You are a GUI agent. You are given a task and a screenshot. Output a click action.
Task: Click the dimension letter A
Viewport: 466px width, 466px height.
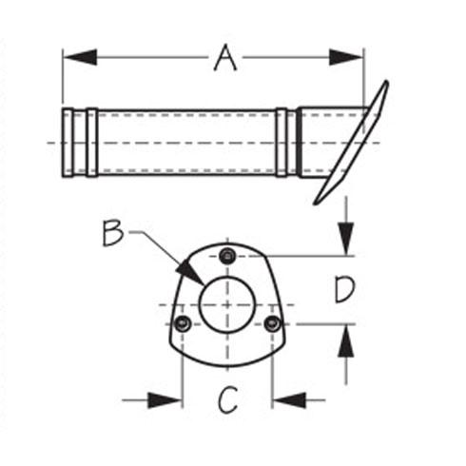tap(225, 58)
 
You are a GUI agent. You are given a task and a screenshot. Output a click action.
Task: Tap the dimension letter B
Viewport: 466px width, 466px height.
tap(113, 234)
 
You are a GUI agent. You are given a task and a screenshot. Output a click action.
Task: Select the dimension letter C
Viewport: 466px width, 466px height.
tap(228, 399)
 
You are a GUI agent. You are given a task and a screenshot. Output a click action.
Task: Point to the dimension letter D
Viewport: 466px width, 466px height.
tap(345, 289)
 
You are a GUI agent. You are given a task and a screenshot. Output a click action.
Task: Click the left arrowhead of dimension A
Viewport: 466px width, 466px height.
tap(80, 57)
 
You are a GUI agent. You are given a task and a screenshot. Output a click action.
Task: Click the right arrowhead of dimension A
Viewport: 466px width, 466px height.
tap(346, 57)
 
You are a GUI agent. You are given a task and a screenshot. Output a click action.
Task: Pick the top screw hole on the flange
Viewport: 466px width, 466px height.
tap(227, 256)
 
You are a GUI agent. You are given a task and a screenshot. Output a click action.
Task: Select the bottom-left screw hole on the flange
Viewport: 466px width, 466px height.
tap(183, 323)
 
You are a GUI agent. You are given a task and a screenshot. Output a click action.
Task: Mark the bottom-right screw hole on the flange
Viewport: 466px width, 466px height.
tap(273, 323)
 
